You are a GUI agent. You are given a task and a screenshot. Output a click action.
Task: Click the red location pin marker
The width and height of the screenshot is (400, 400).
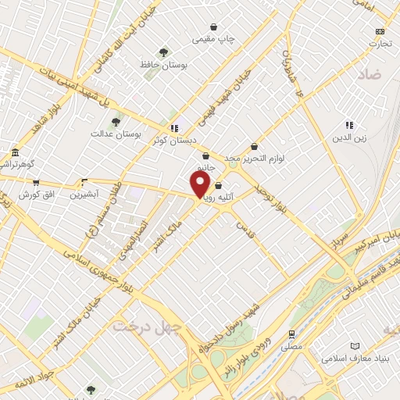pos(200,184)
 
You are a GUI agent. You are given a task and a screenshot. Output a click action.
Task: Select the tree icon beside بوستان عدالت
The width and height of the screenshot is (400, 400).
pos(116,121)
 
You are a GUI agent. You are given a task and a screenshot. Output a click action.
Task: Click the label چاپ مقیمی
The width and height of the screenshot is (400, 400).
pos(216,37)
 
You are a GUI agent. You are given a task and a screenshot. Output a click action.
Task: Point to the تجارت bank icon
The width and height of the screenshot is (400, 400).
pos(380,30)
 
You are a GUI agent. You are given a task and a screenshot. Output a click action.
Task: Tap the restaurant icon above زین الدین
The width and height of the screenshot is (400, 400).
pos(349,125)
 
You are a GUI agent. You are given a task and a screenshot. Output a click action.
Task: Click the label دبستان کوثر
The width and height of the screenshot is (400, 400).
pos(174,140)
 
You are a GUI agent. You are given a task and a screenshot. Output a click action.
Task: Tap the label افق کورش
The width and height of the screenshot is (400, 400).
pos(34,193)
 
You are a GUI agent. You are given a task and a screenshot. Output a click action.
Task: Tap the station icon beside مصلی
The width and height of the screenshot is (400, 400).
pos(292,332)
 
